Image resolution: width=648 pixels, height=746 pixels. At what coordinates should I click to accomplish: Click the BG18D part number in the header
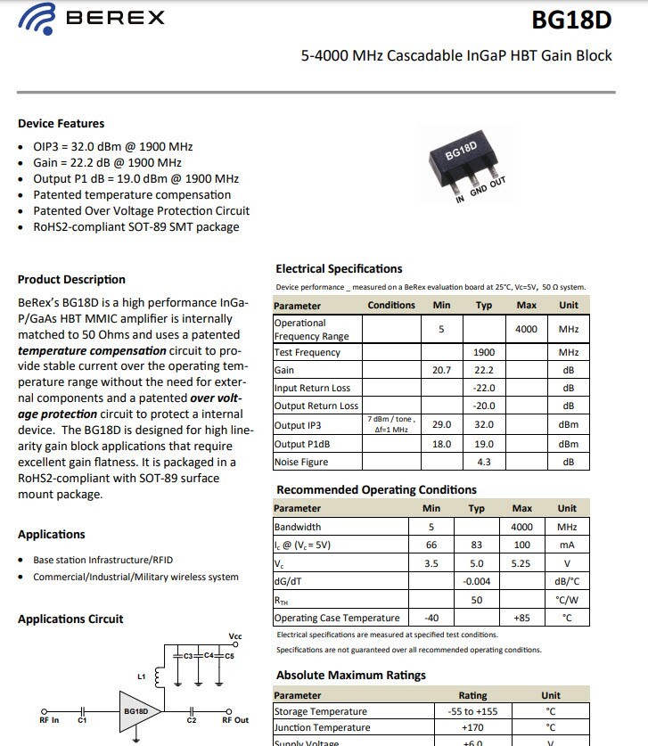[x=571, y=20]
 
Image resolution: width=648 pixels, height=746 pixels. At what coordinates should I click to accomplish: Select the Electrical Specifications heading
[x=339, y=268]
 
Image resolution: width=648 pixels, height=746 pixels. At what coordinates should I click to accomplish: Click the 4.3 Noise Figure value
[x=484, y=462]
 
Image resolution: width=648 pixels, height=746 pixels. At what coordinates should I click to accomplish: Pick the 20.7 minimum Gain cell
[x=441, y=370]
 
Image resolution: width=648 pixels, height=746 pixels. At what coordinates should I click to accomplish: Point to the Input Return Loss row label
[x=312, y=389]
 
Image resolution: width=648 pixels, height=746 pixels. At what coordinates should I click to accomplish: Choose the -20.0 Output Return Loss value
[x=484, y=406]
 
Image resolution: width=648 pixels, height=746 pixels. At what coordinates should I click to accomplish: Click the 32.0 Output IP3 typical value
[x=484, y=425]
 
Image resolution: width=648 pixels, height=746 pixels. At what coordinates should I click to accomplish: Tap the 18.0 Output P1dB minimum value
[x=441, y=444]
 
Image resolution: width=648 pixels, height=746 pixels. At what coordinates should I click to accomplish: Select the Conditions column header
[x=391, y=305]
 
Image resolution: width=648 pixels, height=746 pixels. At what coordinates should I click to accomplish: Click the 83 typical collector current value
[x=476, y=545]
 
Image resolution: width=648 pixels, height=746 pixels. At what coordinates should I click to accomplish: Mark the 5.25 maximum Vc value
[x=521, y=563]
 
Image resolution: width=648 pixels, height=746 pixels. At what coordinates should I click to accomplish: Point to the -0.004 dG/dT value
[x=476, y=581]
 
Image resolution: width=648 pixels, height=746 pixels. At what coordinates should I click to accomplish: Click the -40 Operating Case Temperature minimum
[x=431, y=618]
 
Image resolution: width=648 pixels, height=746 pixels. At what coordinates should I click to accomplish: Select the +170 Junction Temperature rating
[x=472, y=728]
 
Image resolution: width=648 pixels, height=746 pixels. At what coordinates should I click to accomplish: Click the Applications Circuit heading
[x=70, y=619]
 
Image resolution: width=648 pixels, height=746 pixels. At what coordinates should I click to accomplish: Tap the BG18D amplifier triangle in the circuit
[x=136, y=711]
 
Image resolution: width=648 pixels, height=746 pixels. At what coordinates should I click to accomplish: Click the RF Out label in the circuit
[x=235, y=720]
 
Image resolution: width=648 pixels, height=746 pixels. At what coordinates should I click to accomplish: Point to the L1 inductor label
[x=142, y=676]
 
